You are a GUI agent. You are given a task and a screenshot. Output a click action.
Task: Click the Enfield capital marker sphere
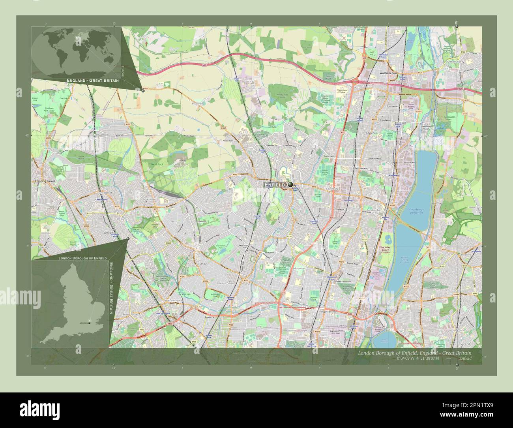click(x=290, y=184)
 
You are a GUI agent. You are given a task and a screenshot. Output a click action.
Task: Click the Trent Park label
click(x=157, y=164)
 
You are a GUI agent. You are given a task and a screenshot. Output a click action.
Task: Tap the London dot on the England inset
click(x=90, y=323)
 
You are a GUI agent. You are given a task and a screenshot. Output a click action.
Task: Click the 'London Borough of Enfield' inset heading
click(x=82, y=258)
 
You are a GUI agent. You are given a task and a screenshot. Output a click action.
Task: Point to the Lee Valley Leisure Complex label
click(x=385, y=250)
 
